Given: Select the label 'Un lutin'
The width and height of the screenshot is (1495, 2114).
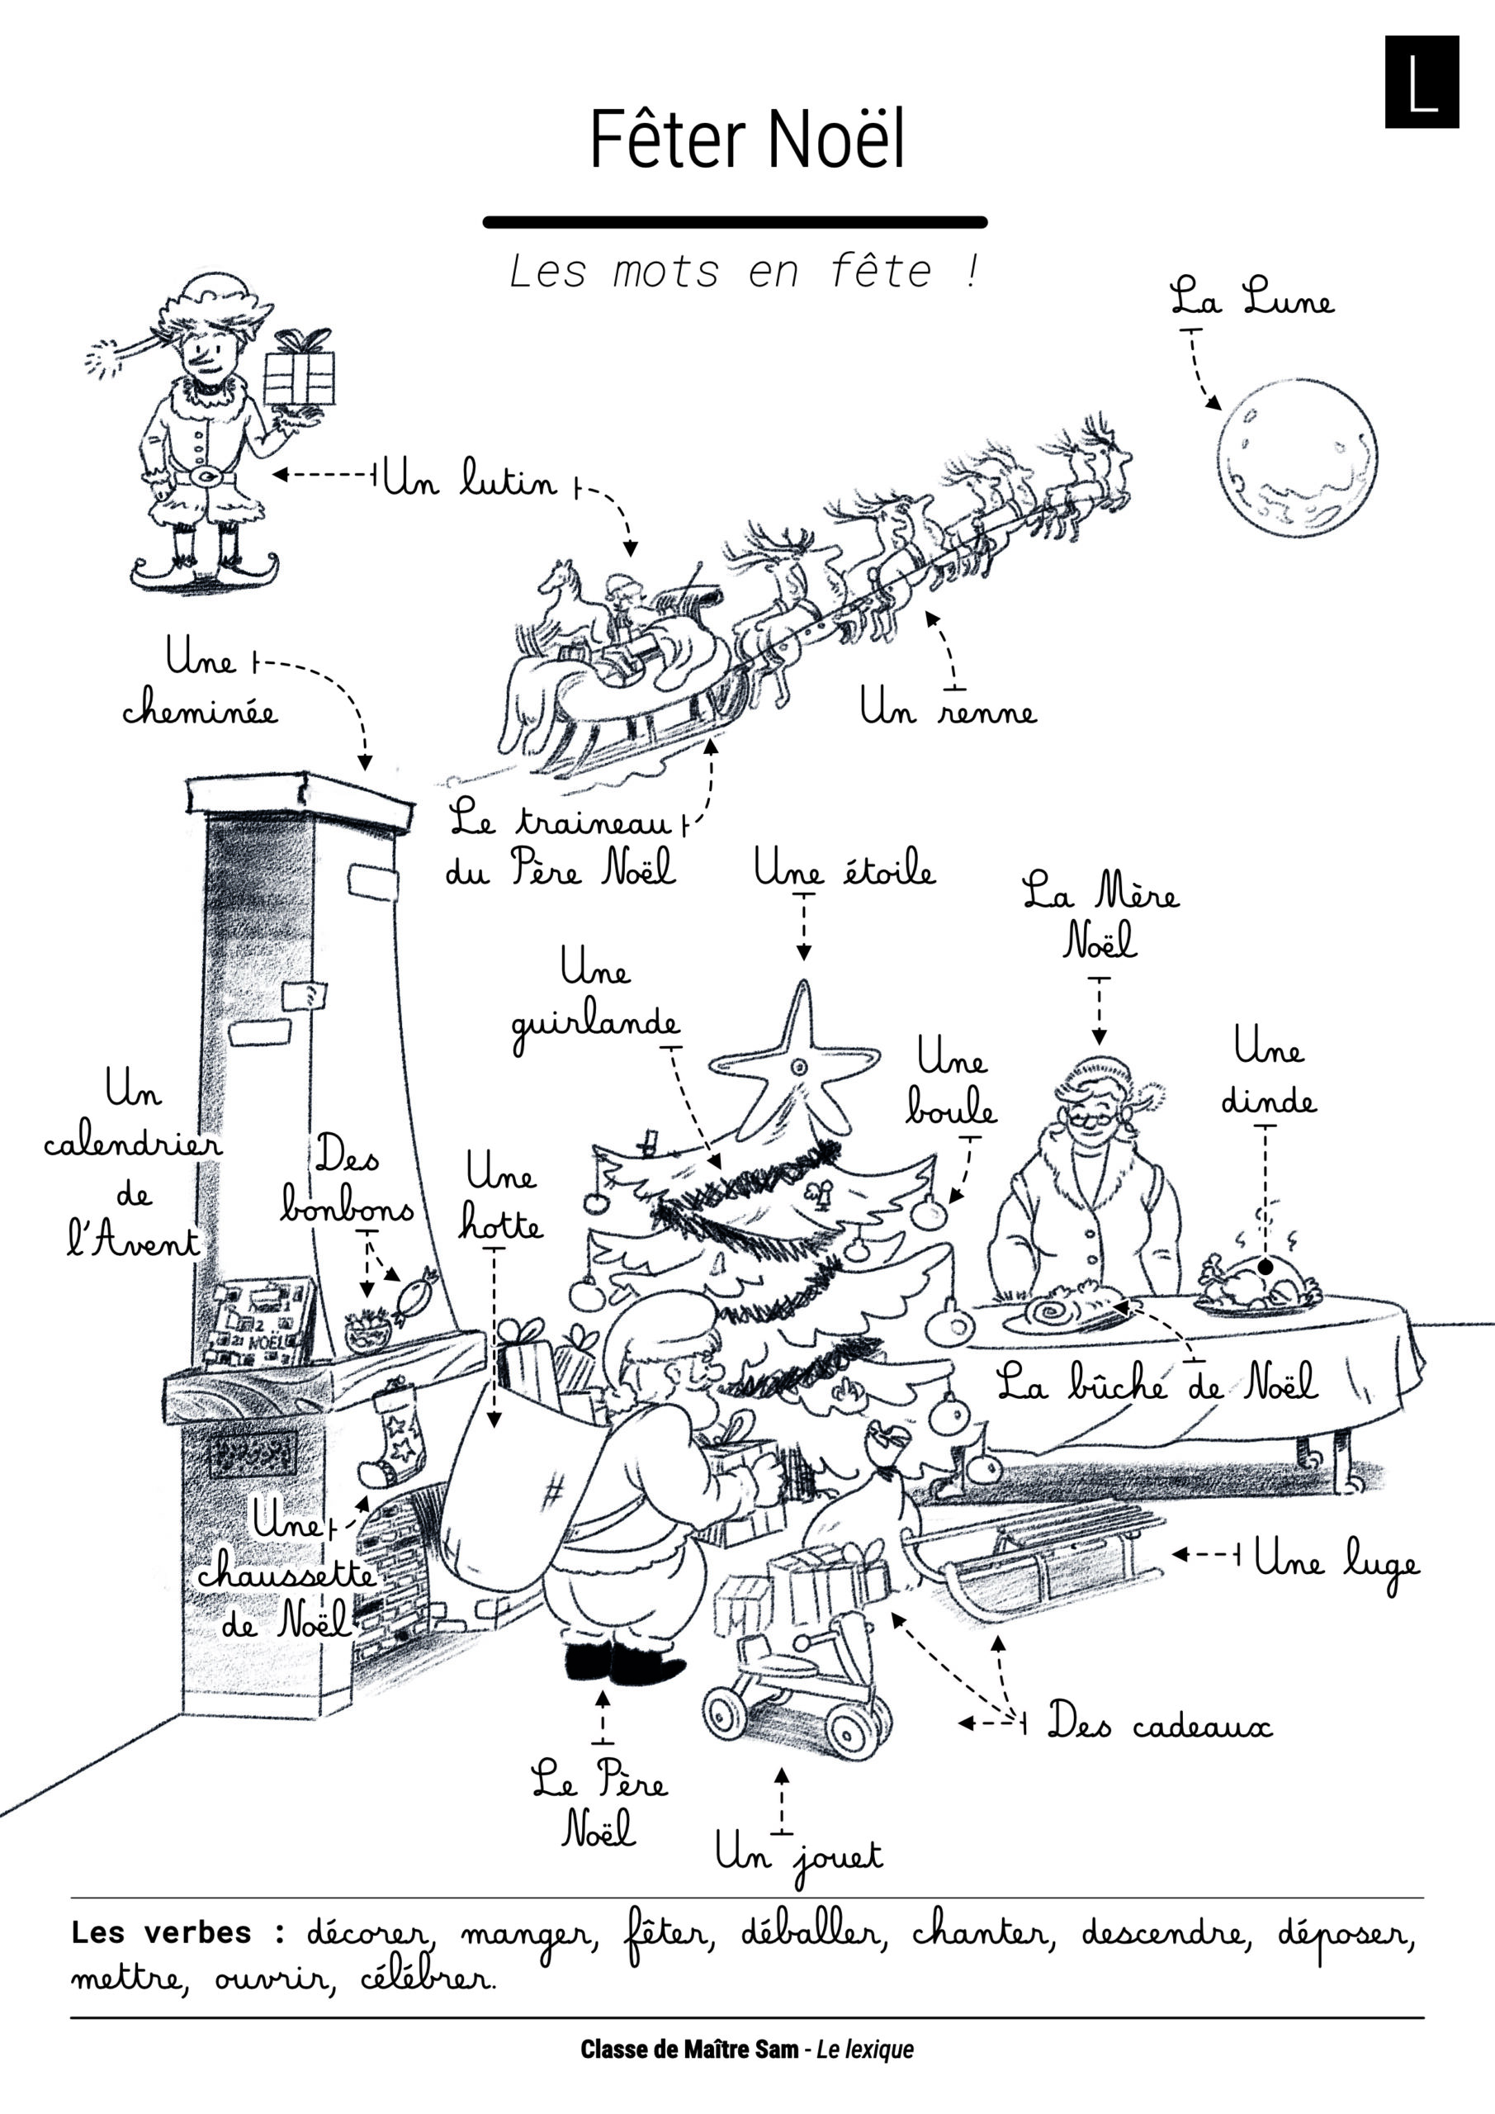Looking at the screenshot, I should point(470,478).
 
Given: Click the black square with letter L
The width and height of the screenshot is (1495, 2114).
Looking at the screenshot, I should point(1422,82).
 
